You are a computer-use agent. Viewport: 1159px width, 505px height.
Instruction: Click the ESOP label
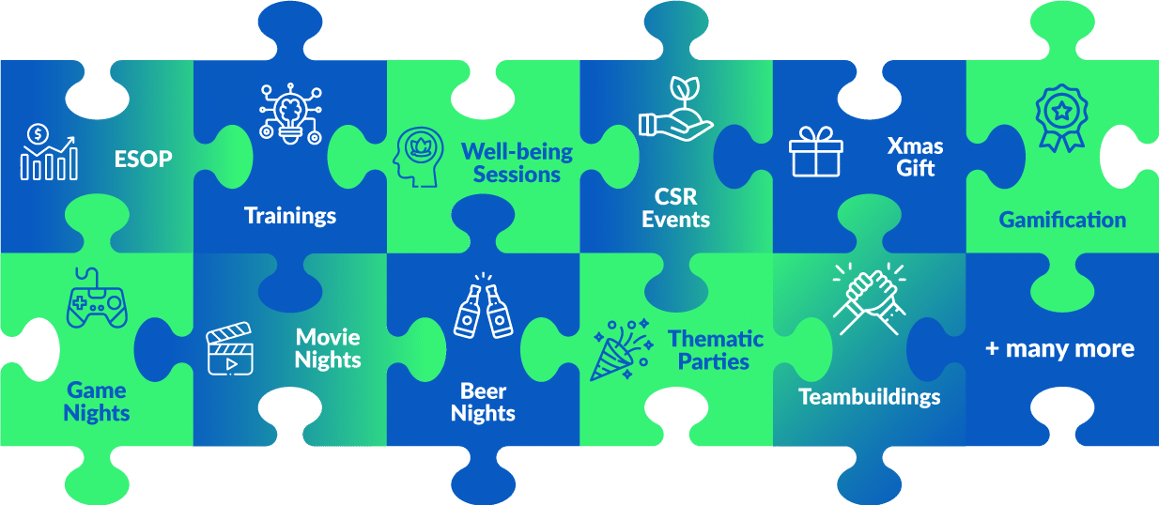(143, 159)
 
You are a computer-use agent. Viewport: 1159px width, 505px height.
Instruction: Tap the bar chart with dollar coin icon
(50, 151)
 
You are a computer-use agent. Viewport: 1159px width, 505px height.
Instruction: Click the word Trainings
(290, 216)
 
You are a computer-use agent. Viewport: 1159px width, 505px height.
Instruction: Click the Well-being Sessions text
(517, 162)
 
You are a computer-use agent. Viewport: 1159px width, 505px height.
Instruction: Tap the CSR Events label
(682, 208)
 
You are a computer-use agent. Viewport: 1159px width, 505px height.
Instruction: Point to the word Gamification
(1062, 221)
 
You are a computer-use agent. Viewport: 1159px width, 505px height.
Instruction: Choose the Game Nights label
(97, 401)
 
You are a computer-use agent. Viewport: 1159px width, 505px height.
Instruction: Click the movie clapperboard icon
(231, 348)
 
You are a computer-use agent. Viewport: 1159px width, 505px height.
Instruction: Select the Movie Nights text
(328, 347)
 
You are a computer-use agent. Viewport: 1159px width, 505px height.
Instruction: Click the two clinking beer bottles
(484, 307)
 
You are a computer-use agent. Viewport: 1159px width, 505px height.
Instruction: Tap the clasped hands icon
(869, 297)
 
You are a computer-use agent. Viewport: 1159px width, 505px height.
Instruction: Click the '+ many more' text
(1059, 349)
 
